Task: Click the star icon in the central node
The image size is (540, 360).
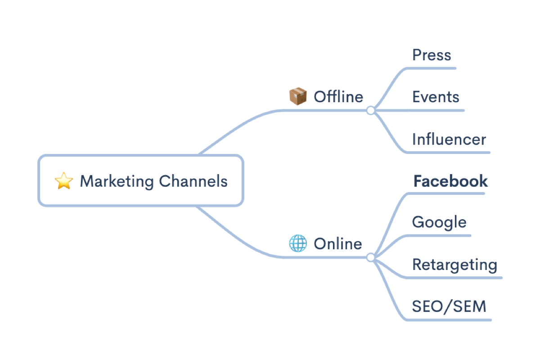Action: point(63,181)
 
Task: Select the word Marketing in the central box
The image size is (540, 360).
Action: point(117,181)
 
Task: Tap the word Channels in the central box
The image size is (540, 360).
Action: point(193,181)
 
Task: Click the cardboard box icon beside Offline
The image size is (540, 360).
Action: point(297,96)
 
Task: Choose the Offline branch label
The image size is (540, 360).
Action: point(338,97)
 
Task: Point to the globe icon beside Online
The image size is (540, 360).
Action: point(297,243)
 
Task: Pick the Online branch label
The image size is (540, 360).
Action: point(337,243)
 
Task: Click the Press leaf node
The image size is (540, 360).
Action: point(432,55)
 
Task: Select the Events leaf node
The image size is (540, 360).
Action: point(436,97)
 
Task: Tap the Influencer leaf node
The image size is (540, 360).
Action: point(449,139)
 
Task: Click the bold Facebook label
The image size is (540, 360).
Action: point(450,181)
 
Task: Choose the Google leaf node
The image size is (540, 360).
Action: point(439,222)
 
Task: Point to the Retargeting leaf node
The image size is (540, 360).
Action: point(454,264)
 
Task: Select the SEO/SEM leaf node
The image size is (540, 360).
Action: point(449,306)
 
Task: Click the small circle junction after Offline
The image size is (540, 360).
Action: point(370,110)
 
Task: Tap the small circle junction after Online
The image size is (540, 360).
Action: point(370,257)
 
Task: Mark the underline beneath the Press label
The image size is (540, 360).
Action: point(432,68)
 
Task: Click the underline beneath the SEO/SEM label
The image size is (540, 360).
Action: point(450,320)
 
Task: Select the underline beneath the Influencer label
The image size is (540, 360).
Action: point(450,153)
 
